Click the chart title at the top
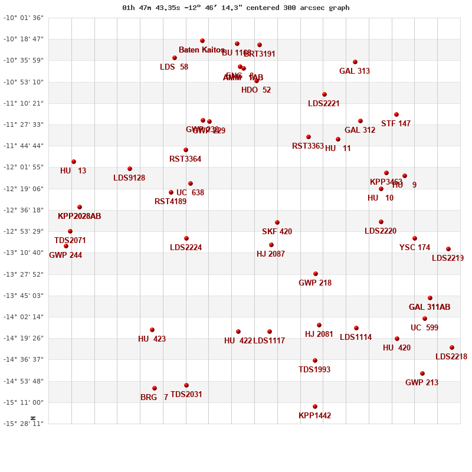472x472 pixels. (x=235, y=8)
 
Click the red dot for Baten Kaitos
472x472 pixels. (x=202, y=41)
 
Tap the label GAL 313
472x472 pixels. (x=355, y=71)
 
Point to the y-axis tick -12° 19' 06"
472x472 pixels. (x=24, y=189)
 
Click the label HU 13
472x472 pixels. (x=73, y=171)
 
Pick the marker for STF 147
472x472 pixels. (x=396, y=114)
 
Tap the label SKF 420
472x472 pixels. (x=277, y=232)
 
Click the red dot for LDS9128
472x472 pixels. (x=130, y=169)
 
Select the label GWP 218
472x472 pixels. (x=315, y=283)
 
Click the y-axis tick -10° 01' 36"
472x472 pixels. (x=24, y=18)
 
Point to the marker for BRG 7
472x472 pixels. (x=155, y=388)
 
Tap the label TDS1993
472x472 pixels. (x=314, y=370)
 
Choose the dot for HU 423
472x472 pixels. (x=152, y=330)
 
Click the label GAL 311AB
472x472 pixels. (x=430, y=307)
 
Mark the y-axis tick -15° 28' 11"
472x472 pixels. (x=24, y=424)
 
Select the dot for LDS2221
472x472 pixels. (x=324, y=94)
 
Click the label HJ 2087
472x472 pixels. (x=271, y=254)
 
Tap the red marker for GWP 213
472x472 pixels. (x=422, y=373)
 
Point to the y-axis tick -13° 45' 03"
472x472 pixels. (x=24, y=296)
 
